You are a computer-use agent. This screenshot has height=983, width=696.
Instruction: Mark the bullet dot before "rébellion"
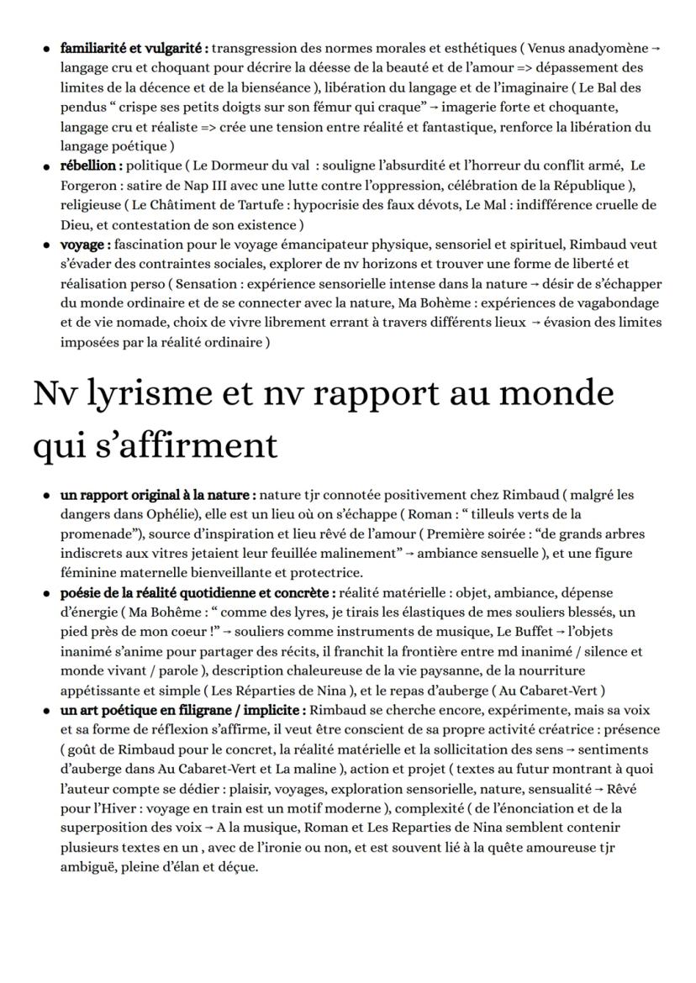point(44,166)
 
